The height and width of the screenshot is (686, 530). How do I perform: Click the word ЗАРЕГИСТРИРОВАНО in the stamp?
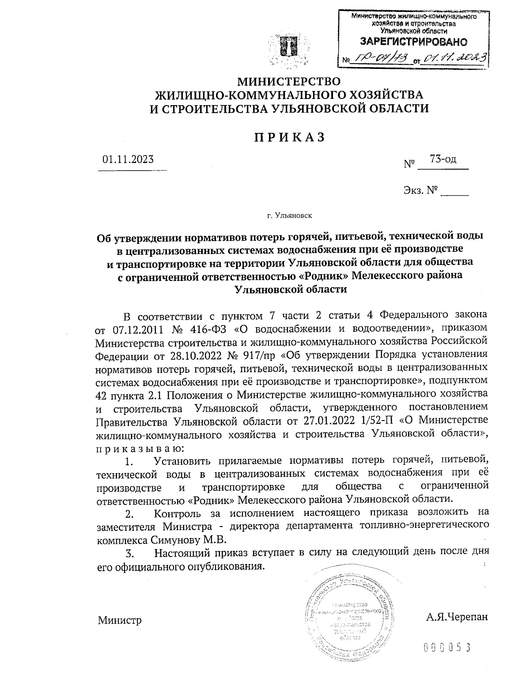point(414,42)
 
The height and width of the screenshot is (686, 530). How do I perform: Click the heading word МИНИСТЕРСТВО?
point(289,81)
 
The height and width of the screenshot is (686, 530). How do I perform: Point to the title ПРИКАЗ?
point(289,137)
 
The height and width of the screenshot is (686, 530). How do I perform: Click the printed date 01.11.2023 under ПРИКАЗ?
point(128,159)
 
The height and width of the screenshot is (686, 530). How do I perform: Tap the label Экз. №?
point(420,191)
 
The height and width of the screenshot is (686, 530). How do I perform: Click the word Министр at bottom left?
point(120,620)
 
